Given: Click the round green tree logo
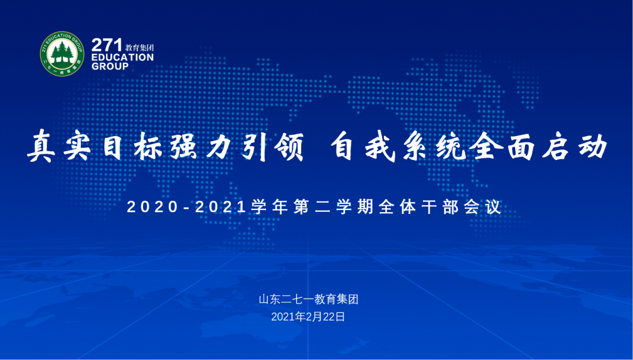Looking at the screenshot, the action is (62, 54).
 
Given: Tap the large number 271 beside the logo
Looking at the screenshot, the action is (107, 45).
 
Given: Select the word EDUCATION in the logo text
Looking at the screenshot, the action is (122, 57).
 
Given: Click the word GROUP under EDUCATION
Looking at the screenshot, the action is (110, 66).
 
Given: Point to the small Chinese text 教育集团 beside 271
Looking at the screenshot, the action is (139, 47).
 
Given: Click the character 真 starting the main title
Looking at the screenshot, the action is (41, 146).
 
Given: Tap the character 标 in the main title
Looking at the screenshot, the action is (148, 146).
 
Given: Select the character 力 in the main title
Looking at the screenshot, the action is (219, 146).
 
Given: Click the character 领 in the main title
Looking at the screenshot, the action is (288, 146).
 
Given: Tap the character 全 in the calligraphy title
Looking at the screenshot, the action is (485, 146).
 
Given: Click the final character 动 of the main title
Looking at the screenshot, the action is (592, 146).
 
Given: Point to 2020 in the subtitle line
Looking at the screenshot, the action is (152, 207).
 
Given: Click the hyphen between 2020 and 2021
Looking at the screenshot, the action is (186, 208).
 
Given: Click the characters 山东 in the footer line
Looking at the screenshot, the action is (270, 300).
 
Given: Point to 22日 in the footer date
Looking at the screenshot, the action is (334, 317).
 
